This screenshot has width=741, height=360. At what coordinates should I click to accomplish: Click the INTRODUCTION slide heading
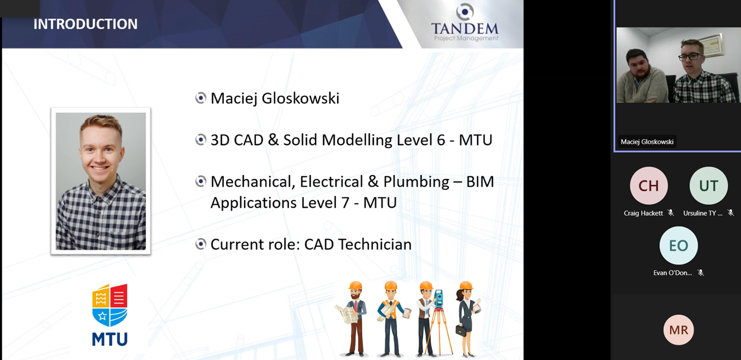click(85, 24)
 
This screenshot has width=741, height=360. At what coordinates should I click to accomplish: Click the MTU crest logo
click(109, 315)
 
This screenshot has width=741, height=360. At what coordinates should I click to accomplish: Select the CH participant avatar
click(649, 186)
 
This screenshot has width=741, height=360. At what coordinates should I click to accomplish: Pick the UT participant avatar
click(708, 186)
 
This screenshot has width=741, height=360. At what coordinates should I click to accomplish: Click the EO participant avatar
click(678, 246)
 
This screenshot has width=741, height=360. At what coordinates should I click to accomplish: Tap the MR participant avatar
click(678, 330)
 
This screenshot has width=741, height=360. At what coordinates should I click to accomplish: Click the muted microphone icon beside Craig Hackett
click(670, 213)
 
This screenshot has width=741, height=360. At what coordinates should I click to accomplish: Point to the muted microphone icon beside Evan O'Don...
click(700, 273)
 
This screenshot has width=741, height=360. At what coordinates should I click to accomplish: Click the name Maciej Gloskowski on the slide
click(275, 98)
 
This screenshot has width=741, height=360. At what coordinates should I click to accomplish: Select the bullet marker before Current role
click(200, 244)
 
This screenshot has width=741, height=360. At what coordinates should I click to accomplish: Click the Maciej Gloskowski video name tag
click(647, 142)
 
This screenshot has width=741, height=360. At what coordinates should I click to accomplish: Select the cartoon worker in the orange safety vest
click(391, 318)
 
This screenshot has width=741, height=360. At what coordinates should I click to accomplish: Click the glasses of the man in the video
click(690, 57)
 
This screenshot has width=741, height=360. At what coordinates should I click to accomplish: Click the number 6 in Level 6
click(441, 140)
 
